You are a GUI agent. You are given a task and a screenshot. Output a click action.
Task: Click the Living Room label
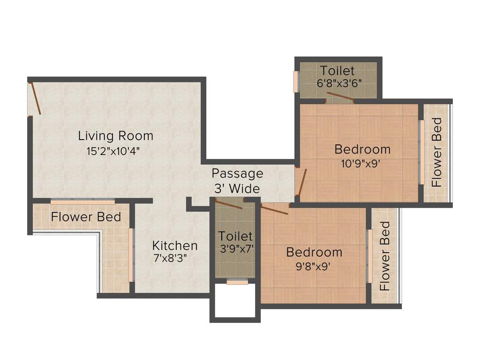(x=115, y=136)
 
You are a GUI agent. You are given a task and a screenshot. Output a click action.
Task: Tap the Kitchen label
(x=175, y=246)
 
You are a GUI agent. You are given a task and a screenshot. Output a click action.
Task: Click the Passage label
(x=237, y=173)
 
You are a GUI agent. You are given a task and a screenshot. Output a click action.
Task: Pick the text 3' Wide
(x=237, y=189)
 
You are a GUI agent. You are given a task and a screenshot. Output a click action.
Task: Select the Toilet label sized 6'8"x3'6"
(x=337, y=71)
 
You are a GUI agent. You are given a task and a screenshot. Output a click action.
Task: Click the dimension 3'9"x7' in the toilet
(x=237, y=249)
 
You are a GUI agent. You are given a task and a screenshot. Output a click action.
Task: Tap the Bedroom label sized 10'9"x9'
(x=362, y=150)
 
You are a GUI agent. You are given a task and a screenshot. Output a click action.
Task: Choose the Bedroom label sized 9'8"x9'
(x=314, y=252)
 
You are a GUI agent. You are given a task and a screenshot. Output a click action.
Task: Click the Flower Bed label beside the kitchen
(x=86, y=217)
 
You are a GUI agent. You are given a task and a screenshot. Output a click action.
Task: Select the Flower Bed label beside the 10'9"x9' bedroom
(x=437, y=153)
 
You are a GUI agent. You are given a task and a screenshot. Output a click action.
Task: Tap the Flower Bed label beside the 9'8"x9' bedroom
(x=385, y=256)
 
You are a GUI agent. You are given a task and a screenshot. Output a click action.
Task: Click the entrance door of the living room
(x=36, y=98)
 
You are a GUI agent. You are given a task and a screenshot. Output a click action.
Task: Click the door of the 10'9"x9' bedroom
(x=301, y=182)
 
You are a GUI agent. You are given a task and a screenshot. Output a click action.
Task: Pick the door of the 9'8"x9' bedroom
(x=274, y=209)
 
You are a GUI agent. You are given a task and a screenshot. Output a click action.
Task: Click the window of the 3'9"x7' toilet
(x=237, y=282)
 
